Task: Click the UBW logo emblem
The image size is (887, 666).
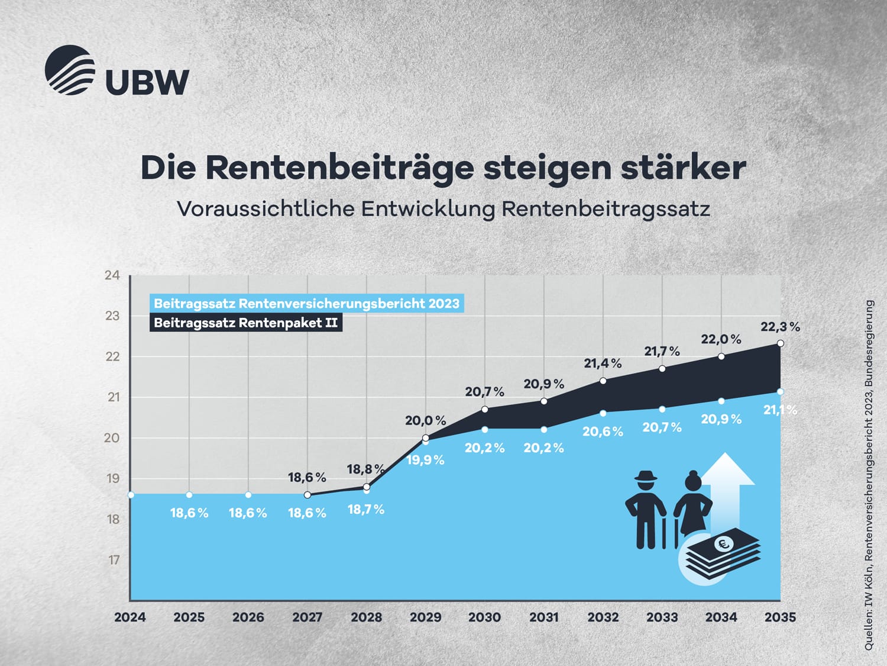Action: coord(70,70)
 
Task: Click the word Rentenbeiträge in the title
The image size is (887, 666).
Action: coord(339,168)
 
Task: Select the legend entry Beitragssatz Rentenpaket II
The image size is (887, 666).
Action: coord(245,323)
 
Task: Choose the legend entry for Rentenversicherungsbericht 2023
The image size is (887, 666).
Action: coord(306,304)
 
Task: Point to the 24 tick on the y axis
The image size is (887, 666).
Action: coord(112,275)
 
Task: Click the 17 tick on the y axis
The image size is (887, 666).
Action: coord(114,560)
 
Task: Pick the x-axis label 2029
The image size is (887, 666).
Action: coord(426,617)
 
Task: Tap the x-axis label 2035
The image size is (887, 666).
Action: coord(780,617)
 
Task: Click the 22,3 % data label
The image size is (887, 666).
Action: coord(780,327)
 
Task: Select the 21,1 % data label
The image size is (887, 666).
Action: coord(780,410)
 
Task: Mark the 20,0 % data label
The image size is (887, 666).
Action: coord(425,421)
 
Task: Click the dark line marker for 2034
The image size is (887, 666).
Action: coord(721,356)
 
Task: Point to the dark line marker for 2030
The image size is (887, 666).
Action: coord(485,409)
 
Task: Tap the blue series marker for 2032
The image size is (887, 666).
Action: coord(603,413)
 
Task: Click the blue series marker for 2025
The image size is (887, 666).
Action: coord(189,494)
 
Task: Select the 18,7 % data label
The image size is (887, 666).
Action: coord(366,509)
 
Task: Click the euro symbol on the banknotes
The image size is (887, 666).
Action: coord(723,543)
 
